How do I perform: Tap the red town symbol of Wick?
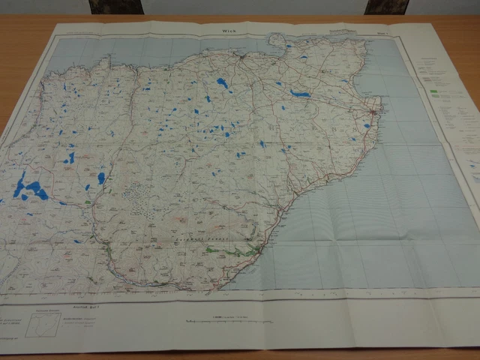point(375,112)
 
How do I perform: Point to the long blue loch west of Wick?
point(300,94)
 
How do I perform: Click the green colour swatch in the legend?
point(435,90)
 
